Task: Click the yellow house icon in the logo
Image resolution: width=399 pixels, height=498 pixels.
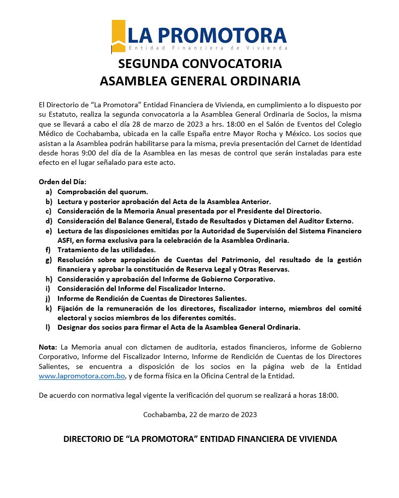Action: [118, 35]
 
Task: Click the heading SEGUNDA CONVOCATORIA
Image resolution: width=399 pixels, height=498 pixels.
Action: [200, 64]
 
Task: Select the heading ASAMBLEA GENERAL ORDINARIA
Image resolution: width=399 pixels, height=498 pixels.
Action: [200, 81]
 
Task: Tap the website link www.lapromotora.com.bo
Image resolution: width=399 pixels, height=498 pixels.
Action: [81, 376]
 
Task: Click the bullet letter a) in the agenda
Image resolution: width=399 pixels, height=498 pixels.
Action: [48, 191]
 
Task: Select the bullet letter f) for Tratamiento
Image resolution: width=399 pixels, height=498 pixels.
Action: [48, 250]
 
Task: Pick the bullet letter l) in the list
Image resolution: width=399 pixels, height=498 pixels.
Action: [48, 327]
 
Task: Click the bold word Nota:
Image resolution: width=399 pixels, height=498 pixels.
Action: [48, 347]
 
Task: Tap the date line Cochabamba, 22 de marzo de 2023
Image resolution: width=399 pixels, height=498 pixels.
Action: [200, 414]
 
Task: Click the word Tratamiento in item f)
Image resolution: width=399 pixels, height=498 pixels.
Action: [79, 250]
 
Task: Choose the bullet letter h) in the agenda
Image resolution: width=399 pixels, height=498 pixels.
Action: [48, 279]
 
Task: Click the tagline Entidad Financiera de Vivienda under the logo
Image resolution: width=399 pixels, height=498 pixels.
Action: [208, 48]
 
